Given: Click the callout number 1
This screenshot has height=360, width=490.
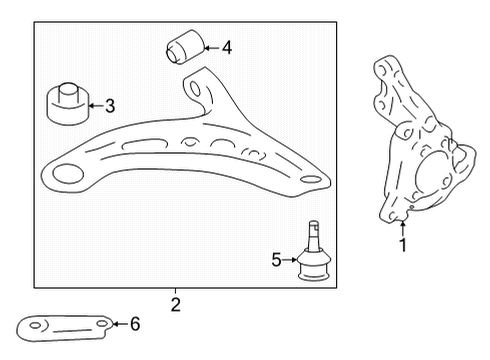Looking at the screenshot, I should click(402, 245).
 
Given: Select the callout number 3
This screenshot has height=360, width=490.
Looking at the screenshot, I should click(110, 104).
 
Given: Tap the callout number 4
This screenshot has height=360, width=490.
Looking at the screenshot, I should click(226, 46).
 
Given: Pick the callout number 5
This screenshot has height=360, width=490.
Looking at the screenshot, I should click(277, 260).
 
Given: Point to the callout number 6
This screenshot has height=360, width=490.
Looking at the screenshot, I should click(136, 323).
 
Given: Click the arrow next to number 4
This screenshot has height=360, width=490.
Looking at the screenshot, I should click(209, 46).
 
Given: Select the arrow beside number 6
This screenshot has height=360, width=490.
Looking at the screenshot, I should click(118, 323).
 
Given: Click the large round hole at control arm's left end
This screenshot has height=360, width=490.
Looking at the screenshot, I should click(69, 176).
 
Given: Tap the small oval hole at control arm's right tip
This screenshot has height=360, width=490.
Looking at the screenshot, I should click(311, 181).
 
